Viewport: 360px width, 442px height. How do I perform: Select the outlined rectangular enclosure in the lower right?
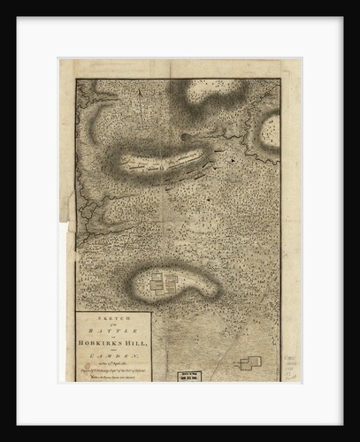click(x=250, y=362)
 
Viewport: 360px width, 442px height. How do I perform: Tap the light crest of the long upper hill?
click(x=168, y=158)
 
